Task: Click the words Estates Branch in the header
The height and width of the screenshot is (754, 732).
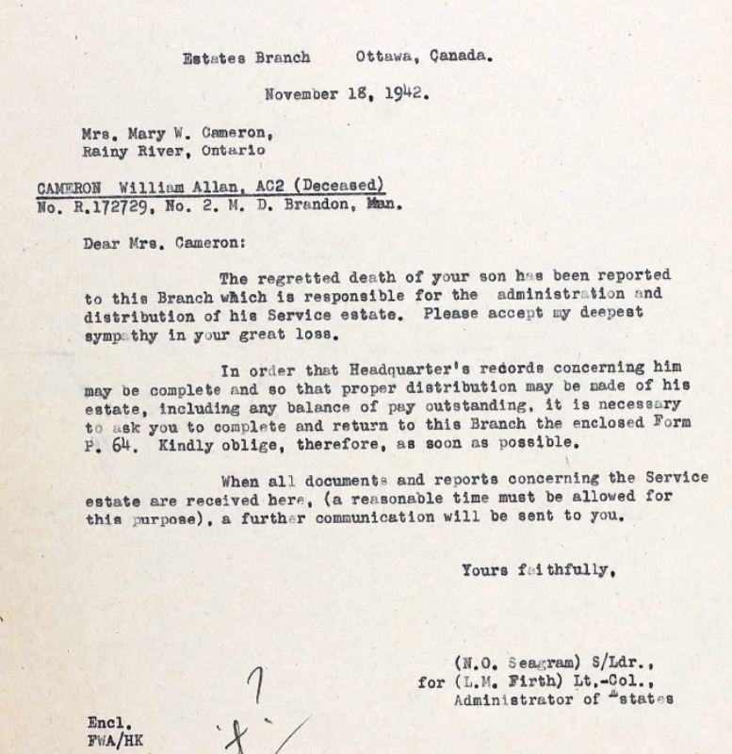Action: (246, 57)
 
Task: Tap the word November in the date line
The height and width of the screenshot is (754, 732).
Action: (302, 94)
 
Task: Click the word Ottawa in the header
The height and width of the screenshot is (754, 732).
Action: (385, 57)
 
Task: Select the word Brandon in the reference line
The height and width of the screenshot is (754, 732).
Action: (317, 205)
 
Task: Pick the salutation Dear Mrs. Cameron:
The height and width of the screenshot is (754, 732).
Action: (164, 243)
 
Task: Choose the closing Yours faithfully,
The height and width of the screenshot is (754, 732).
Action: (539, 570)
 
